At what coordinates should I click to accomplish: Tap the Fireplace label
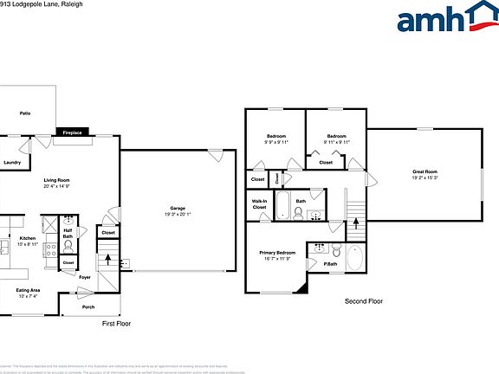71,132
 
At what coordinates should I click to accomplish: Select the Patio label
26,113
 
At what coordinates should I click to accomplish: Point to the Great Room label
424,174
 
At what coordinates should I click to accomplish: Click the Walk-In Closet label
259,205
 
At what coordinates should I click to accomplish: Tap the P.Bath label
330,263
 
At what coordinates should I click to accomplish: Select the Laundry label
12,162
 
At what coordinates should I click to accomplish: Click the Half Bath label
68,233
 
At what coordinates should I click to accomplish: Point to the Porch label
88,307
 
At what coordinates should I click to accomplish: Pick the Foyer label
85,277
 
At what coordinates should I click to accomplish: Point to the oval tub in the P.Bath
353,257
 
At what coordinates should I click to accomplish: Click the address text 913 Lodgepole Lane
35,4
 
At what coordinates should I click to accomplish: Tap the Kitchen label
28,240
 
